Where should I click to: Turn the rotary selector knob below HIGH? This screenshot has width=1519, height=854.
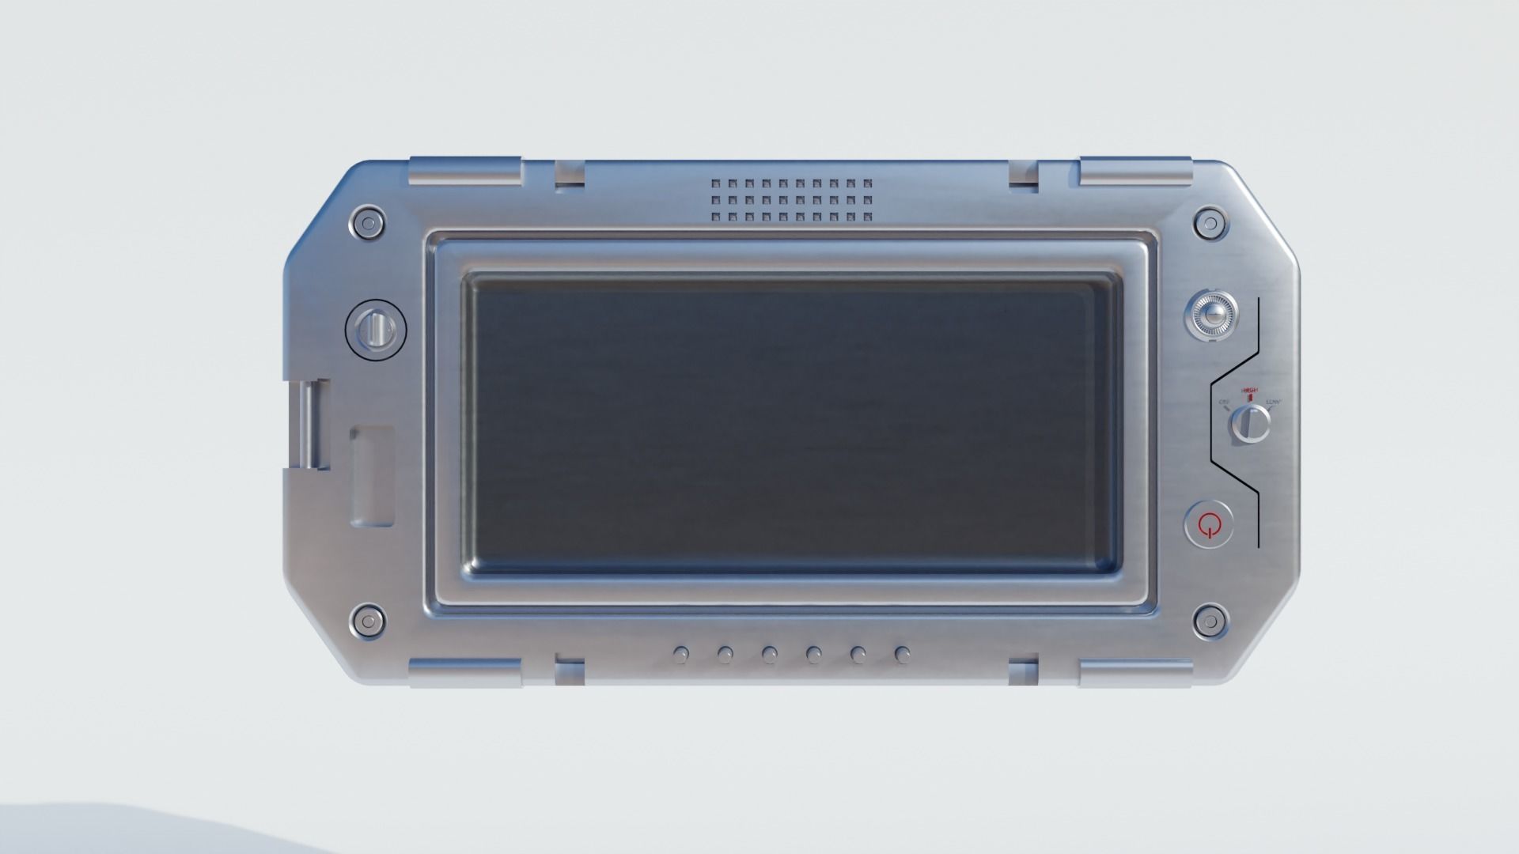[x=1249, y=425]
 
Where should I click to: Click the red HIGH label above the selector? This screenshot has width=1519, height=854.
[x=1249, y=391]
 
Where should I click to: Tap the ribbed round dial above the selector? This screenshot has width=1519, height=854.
[x=1210, y=316]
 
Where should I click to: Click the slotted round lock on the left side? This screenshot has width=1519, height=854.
[x=377, y=327]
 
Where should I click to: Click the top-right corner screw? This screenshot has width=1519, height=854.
[x=1209, y=224]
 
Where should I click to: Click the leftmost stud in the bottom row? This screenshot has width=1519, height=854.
[x=680, y=654]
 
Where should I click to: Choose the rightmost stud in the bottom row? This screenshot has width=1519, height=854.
[x=902, y=654]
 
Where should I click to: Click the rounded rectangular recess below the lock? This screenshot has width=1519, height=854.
[x=373, y=476]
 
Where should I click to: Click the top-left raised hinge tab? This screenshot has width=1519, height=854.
[x=465, y=172]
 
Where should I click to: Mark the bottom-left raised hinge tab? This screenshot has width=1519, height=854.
[x=465, y=672]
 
